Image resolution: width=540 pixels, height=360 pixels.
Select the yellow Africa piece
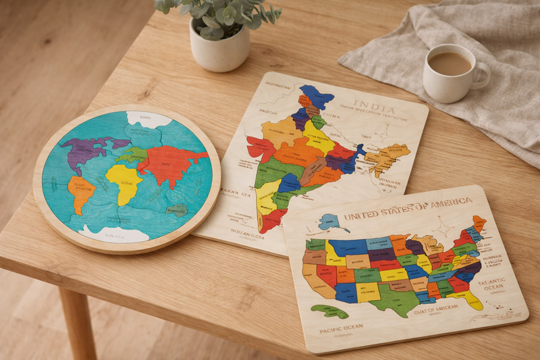tap(124, 181)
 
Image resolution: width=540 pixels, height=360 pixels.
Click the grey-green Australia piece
tap(176, 210)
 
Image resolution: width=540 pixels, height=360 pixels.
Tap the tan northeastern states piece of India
tap(387, 158)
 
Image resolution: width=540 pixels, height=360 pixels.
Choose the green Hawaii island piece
tap(329, 311)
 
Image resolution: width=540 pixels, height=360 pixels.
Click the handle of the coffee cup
tap(481, 76)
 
